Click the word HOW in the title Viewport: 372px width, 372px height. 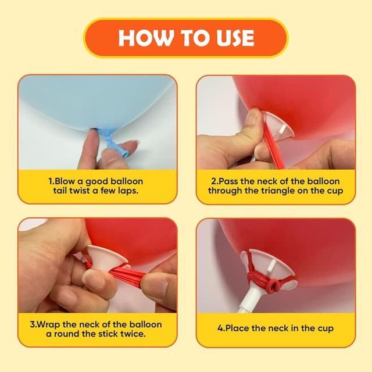(146, 38)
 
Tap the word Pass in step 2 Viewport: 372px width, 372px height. (228, 181)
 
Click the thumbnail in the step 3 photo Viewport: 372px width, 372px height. (94, 278)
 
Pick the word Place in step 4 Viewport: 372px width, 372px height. (237, 328)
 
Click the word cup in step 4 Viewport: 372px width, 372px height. (326, 329)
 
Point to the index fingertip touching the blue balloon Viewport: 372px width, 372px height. (93, 135)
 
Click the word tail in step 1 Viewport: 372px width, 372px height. (60, 191)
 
